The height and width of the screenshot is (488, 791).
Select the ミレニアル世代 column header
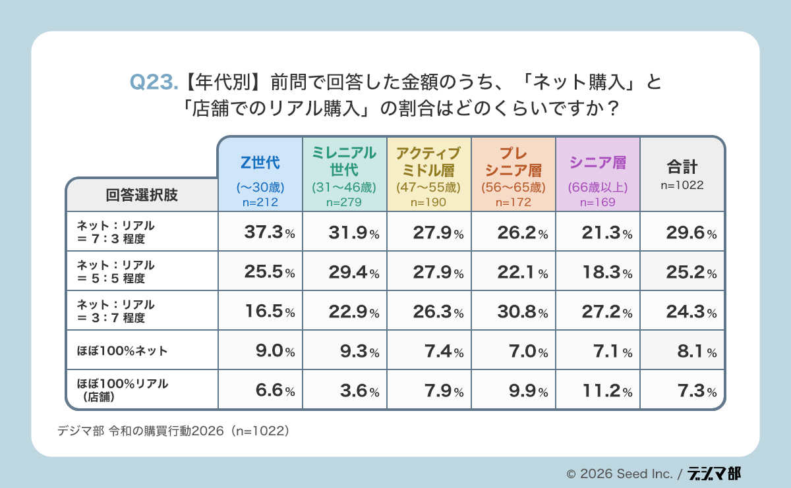point(345,161)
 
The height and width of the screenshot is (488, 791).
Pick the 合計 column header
point(682,166)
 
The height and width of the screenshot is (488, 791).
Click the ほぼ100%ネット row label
point(122,350)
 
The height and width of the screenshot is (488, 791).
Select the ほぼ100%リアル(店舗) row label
point(122,390)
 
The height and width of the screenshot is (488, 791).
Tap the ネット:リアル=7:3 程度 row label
point(115,232)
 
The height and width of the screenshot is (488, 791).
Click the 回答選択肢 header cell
point(142,195)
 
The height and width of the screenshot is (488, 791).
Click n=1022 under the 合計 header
point(682,186)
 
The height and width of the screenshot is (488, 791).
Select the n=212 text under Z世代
point(260,202)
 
